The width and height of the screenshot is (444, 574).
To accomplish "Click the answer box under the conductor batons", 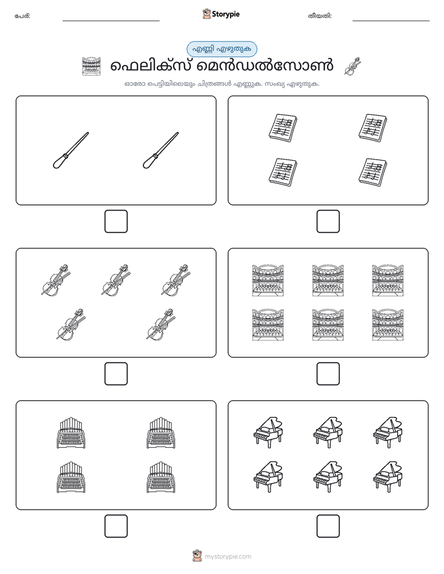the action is point(116,222).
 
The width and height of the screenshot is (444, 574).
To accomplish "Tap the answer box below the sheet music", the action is point(328,222).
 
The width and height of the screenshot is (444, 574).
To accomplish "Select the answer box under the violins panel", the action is point(116,374).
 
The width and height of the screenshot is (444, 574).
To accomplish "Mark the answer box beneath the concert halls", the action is point(328,374).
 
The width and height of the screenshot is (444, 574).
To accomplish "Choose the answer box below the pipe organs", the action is point(116,526).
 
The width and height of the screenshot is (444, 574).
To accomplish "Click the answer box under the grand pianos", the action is point(328,526).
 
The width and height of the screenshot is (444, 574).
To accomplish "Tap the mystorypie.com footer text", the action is point(228,557).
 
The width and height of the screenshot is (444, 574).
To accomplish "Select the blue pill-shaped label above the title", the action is point(221,49).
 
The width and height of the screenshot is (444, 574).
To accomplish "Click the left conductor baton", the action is point(71,150).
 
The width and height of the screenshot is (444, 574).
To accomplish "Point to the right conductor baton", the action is point(160,150).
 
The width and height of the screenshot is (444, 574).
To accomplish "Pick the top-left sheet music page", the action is point(282,127).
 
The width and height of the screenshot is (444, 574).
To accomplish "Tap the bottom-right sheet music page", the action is point(372,171).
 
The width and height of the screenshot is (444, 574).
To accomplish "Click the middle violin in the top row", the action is point(116,280).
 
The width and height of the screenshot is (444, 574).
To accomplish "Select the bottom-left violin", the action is point(71,324).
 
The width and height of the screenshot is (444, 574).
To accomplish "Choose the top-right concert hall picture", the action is point(387,280).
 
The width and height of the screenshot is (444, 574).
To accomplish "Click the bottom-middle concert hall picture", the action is point(328,325).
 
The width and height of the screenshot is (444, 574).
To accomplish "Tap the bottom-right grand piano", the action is point(387,476).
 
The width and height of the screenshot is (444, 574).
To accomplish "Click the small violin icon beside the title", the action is point(353,66).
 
